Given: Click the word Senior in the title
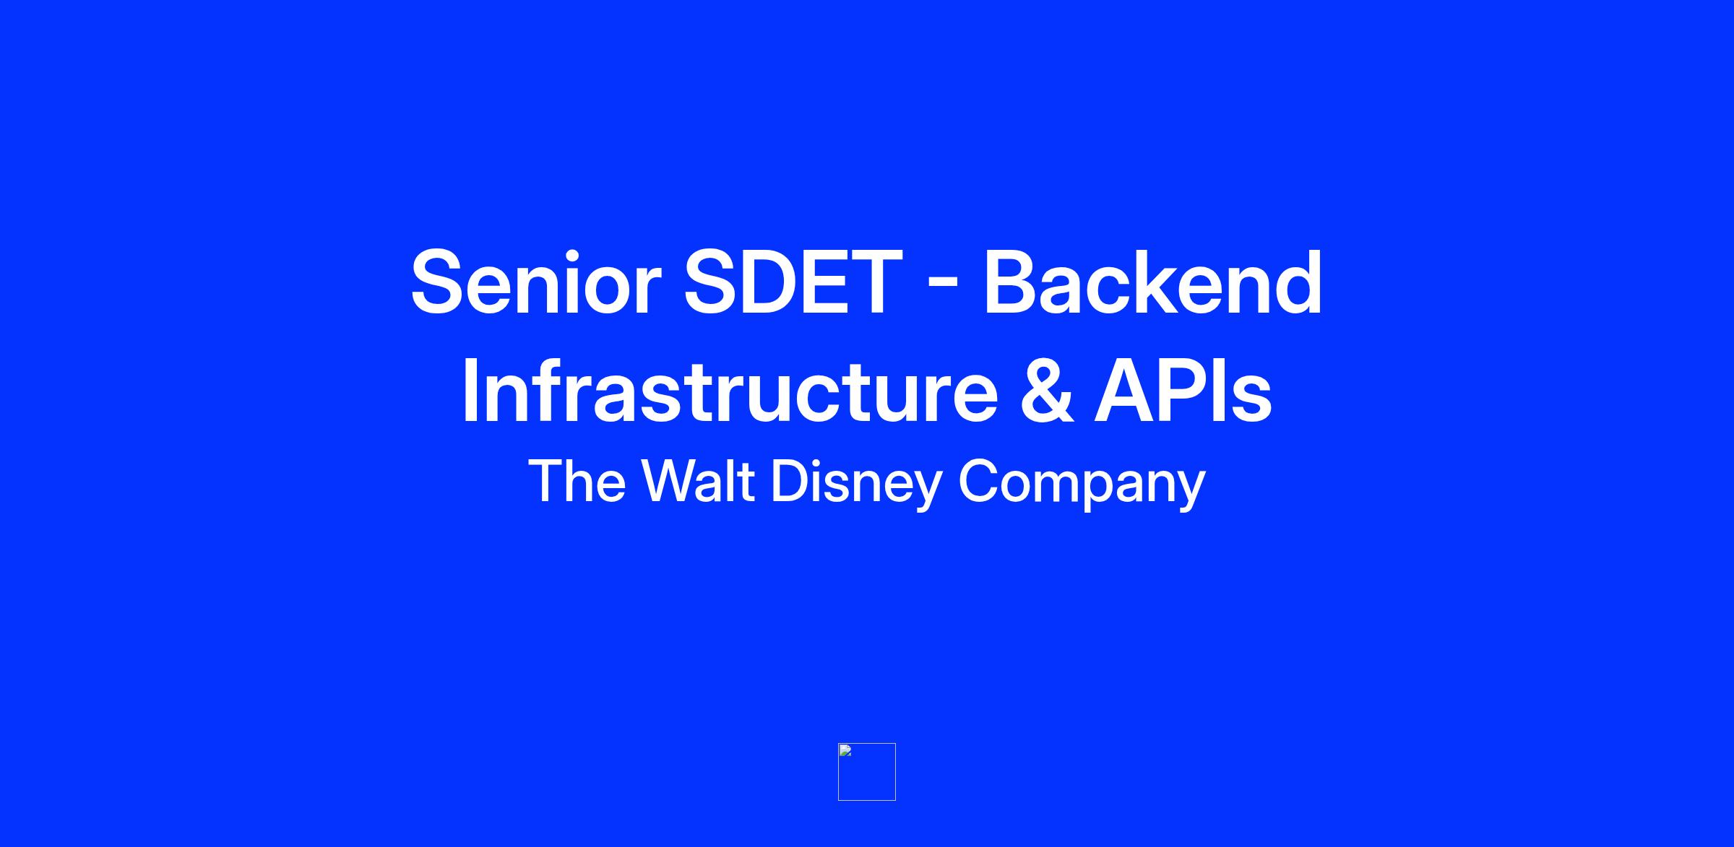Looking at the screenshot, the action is pos(535,282).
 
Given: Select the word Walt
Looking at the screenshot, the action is pos(698,481).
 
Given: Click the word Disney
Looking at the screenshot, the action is pos(857,485).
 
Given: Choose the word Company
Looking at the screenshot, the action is pos(1082,485).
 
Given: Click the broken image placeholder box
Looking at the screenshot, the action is pos(867,772).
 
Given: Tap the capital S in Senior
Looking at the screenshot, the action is pos(439,282).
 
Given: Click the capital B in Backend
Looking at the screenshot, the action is pos(1014,282).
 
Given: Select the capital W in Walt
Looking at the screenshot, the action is pos(672,481).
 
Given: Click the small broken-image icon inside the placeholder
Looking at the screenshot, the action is pos(845,750).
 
